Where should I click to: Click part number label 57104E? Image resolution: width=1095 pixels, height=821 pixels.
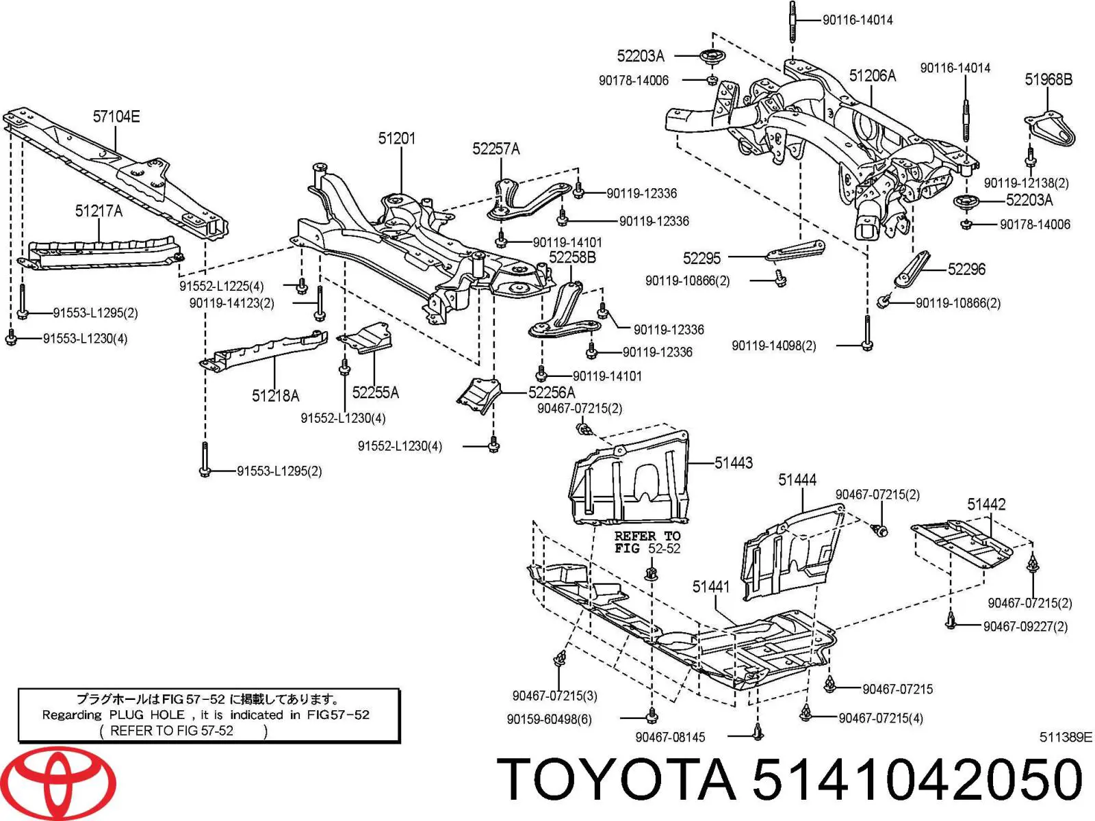(116, 117)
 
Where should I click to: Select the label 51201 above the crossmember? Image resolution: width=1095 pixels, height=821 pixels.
(397, 139)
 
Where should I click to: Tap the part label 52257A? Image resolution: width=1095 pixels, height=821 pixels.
(495, 149)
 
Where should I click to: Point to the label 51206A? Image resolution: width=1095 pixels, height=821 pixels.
(873, 76)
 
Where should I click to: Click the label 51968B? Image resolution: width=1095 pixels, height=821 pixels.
(1048, 80)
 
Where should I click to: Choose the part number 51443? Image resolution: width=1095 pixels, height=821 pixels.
(734, 463)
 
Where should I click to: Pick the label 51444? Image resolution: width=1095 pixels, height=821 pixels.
(797, 480)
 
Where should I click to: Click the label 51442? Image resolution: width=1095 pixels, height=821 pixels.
(986, 505)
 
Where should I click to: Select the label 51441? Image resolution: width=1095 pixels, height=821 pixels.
(711, 587)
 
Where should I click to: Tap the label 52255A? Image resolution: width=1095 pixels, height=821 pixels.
(375, 393)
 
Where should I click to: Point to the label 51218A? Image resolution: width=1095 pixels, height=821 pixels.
(275, 396)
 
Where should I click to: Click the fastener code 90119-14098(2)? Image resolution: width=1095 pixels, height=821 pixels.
(774, 346)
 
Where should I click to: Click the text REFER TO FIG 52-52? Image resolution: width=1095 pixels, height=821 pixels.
(647, 543)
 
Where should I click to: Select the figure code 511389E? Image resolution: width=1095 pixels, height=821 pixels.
(1066, 738)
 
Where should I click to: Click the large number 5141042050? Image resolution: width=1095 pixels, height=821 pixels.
(917, 781)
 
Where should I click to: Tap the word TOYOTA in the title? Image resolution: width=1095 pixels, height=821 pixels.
(616, 781)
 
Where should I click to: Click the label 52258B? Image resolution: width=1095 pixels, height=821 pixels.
(572, 258)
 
